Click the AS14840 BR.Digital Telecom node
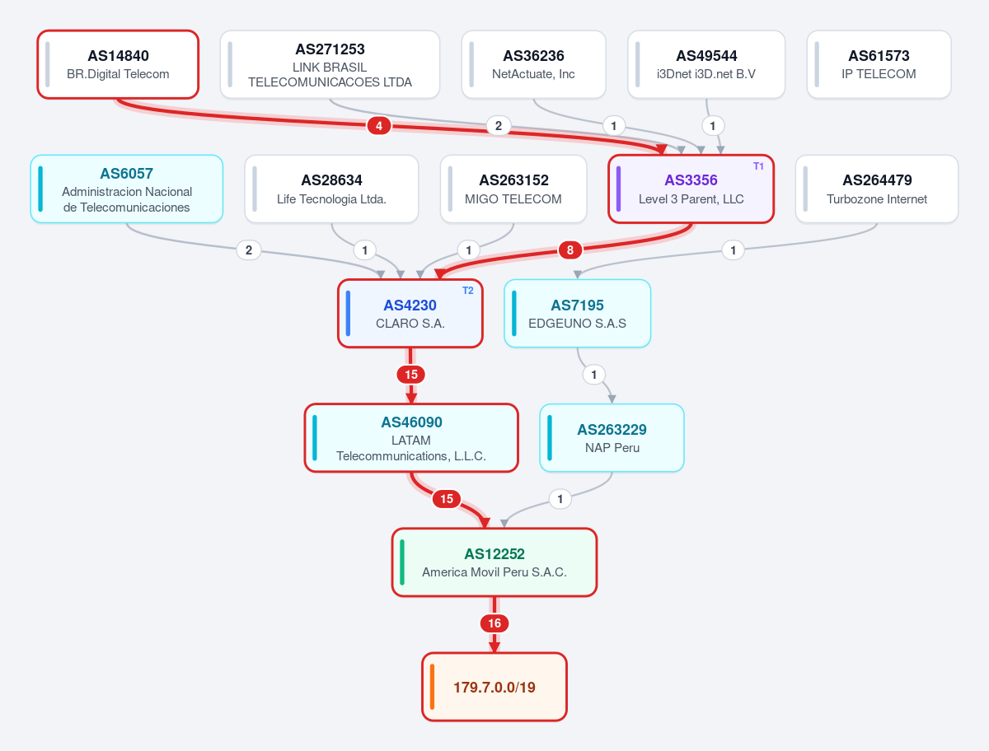(x=118, y=64)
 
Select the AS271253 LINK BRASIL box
(x=330, y=64)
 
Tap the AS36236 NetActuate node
(x=533, y=64)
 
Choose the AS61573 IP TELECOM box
(x=879, y=64)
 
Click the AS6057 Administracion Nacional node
(x=127, y=189)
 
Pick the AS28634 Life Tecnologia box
(x=331, y=189)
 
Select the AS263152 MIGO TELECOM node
(x=513, y=189)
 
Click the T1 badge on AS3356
(x=758, y=166)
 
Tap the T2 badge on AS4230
(x=467, y=291)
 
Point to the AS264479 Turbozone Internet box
(x=877, y=189)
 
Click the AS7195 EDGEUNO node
(x=577, y=314)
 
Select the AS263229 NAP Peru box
(x=612, y=438)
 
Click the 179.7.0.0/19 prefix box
(x=494, y=687)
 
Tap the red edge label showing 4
(x=379, y=126)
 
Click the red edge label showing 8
(x=570, y=250)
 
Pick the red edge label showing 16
(x=494, y=623)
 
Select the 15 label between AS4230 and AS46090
(x=410, y=375)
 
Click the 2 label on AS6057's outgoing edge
(x=249, y=250)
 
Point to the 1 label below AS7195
(x=594, y=375)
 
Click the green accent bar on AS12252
(x=402, y=562)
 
